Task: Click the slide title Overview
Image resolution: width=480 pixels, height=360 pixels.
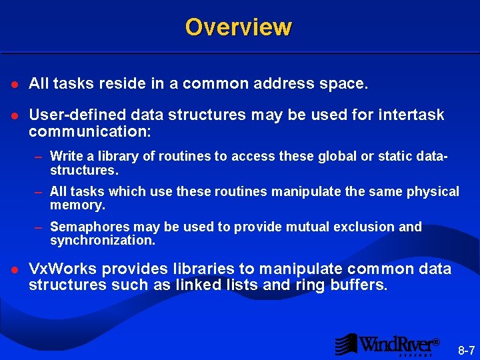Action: point(238,27)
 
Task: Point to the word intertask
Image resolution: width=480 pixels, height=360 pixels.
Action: point(413,115)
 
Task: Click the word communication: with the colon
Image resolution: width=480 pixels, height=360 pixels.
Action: point(90,131)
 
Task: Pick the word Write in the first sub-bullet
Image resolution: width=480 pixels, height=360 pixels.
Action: point(65,156)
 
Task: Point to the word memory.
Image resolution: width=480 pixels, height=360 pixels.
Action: point(77,205)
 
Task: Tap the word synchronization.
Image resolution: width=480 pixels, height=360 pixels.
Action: point(102,240)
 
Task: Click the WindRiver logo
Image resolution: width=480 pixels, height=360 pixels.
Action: point(387,344)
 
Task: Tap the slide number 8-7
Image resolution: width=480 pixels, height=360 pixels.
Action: point(466,350)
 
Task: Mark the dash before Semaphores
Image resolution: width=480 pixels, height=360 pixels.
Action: point(39,227)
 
